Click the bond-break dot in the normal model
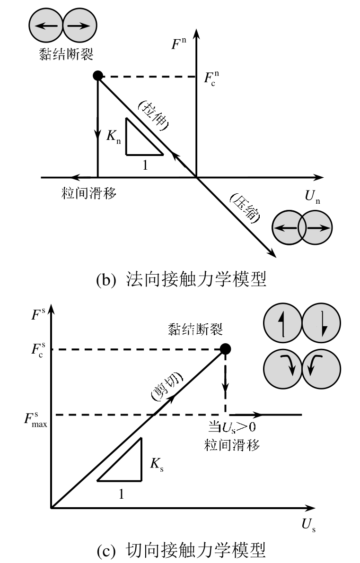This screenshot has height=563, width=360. coord(97,75)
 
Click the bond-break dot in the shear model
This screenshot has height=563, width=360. coord(226,349)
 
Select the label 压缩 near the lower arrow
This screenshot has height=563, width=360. coord(244,209)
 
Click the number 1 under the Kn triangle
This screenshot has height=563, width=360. coord(145,164)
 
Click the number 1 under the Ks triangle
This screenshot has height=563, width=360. coord(121,494)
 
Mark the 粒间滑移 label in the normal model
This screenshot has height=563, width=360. coord(89,193)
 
